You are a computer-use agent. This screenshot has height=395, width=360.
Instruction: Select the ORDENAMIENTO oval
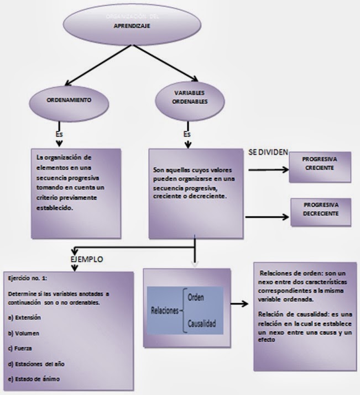tap(69, 102)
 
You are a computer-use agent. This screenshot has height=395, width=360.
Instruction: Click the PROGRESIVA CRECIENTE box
tap(321, 164)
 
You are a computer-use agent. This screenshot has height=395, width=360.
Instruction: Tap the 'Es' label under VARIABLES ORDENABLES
tap(187, 134)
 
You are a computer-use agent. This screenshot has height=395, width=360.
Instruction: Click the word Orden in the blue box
tap(196, 297)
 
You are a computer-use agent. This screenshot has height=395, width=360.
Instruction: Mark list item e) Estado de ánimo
tap(33, 378)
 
